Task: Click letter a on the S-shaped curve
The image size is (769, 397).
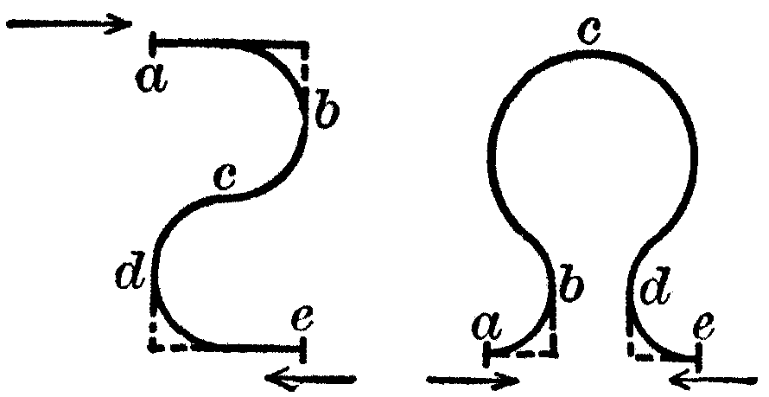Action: (152, 80)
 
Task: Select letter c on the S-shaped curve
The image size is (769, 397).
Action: (226, 176)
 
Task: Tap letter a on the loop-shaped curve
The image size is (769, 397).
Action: (487, 327)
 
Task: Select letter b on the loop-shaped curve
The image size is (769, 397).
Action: (571, 282)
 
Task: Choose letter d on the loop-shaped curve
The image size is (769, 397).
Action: (656, 285)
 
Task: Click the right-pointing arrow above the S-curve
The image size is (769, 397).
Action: (70, 23)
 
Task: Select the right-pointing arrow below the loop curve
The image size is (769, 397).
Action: (473, 380)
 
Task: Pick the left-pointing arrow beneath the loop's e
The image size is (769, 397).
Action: (713, 380)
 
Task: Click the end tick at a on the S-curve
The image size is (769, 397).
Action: (153, 45)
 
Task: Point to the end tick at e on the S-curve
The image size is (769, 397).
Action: (302, 349)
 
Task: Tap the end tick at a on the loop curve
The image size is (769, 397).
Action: (486, 354)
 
